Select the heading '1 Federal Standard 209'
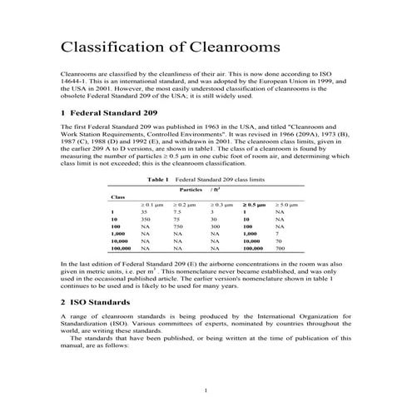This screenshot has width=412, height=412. pyautogui.click(x=107, y=112)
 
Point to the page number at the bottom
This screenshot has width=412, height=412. pyautogui.click(x=206, y=390)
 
